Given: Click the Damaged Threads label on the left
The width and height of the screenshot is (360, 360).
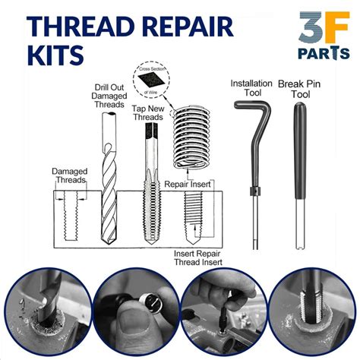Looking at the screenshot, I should (x=69, y=175).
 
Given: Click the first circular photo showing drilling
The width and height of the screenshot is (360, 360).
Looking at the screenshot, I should (x=47, y=315).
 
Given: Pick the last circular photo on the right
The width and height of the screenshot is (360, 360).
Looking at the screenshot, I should (x=312, y=315).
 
